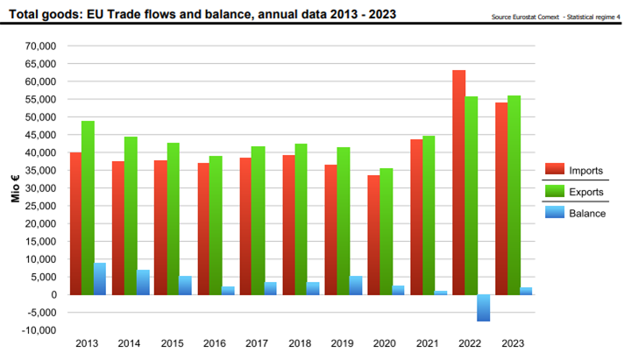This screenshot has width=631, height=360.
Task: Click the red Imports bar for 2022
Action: (458, 182)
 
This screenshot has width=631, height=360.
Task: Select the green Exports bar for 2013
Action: (89, 208)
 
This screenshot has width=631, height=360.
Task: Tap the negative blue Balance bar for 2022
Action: (483, 308)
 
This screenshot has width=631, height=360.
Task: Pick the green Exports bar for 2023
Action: (514, 195)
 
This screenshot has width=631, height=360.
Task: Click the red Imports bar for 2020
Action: (373, 235)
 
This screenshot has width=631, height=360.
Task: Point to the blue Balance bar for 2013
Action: (100, 279)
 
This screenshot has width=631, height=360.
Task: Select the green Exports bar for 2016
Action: (216, 225)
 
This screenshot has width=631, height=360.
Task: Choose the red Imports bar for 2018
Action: (288, 225)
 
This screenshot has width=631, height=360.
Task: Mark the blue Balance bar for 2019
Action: (355, 286)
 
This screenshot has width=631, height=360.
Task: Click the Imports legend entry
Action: (574, 170)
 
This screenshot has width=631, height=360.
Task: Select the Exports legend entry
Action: (574, 192)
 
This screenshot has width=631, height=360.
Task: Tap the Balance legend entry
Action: (576, 213)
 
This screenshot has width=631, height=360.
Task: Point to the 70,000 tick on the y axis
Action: (40, 46)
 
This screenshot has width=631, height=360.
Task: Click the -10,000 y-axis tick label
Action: (39, 330)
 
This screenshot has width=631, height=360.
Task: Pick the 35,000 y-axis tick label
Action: (40, 171)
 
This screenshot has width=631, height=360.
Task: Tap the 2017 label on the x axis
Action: (257, 343)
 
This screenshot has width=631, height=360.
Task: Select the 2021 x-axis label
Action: (428, 343)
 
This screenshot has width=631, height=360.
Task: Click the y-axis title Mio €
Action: (15, 188)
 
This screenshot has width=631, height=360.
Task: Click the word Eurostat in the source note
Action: (525, 17)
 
